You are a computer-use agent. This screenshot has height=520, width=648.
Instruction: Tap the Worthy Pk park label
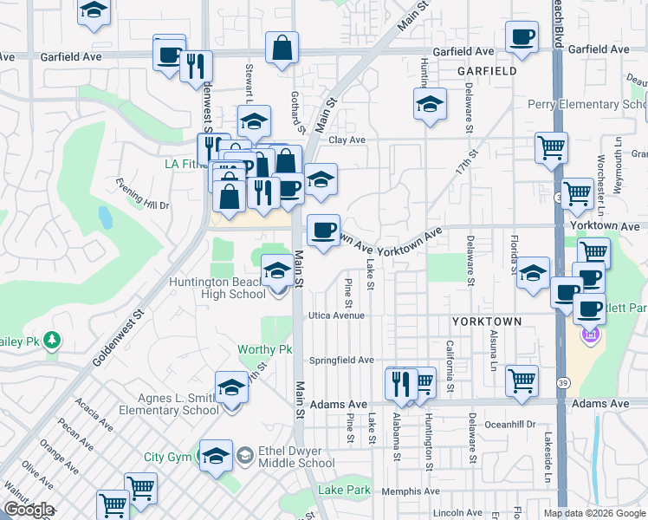click(265, 350)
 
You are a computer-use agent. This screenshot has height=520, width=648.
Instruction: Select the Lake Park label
click(344, 491)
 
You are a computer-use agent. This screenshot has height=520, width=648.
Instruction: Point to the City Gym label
click(167, 457)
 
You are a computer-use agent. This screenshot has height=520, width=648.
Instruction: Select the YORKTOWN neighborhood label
click(486, 322)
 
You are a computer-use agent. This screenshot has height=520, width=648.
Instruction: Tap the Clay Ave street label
click(347, 140)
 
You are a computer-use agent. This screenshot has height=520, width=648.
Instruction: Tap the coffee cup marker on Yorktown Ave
click(323, 231)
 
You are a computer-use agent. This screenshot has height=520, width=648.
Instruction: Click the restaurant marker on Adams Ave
click(400, 384)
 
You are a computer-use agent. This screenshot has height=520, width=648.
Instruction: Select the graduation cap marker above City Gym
click(216, 457)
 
